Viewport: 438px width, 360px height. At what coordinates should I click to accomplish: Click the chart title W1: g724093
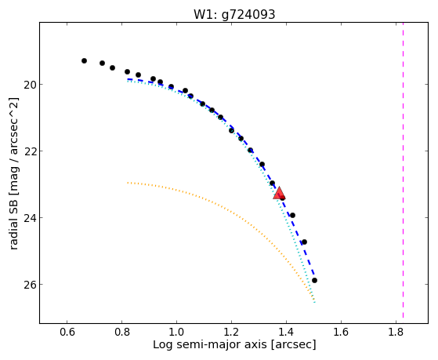[234, 14]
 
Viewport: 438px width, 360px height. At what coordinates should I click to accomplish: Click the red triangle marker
[279, 193]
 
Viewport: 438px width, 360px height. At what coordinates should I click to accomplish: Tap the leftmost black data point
[84, 60]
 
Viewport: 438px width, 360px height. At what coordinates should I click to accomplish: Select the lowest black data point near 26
[314, 280]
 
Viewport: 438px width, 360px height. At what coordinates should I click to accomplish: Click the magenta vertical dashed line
[403, 170]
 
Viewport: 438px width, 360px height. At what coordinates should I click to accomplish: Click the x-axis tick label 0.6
[67, 333]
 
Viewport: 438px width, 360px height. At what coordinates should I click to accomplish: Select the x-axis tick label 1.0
[176, 333]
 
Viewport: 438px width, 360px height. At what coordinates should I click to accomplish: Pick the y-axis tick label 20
[29, 84]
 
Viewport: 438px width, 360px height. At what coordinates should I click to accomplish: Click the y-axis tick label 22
[29, 151]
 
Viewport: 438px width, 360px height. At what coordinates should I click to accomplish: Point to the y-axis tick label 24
[29, 217]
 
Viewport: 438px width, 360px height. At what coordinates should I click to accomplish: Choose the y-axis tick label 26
[29, 285]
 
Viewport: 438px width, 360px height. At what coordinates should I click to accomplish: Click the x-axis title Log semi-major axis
[210, 344]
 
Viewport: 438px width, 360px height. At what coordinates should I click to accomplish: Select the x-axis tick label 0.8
[121, 333]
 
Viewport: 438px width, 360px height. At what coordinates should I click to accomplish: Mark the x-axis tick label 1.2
[231, 333]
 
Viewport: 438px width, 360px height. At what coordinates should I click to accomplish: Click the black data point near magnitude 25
[304, 242]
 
